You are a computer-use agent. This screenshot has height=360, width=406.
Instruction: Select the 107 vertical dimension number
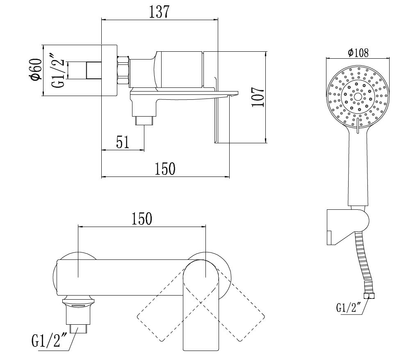point(257,97)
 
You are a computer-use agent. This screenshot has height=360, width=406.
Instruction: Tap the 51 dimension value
point(123,142)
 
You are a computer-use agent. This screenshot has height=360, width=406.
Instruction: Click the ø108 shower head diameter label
point(358,53)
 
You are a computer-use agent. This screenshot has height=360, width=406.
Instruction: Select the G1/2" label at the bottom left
point(48,340)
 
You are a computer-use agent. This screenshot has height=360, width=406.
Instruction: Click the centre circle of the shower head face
point(358,97)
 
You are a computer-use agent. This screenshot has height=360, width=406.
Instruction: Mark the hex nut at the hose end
point(370,296)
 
